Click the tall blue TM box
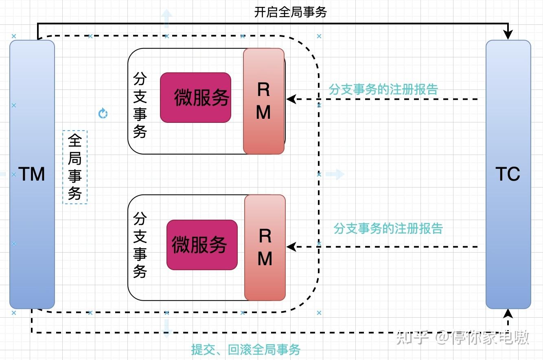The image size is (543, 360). [32, 175]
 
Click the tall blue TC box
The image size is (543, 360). [508, 175]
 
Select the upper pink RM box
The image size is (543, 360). [264, 101]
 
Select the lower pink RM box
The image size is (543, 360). [265, 248]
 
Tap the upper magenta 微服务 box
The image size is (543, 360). [196, 97]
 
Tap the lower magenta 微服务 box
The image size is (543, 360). [202, 245]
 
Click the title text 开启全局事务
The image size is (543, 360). [290, 12]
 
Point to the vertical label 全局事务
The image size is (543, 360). [74, 167]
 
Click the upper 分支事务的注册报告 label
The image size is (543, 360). [383, 89]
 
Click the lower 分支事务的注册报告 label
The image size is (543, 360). [388, 229]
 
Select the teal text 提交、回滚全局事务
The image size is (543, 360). [246, 349]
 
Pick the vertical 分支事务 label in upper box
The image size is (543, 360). [140, 105]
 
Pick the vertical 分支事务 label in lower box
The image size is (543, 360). [140, 245]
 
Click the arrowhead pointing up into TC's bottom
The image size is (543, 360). [508, 314]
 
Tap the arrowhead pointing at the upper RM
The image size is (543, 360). [291, 99]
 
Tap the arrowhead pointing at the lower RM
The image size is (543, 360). [291, 247]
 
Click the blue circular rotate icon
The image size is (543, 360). [103, 113]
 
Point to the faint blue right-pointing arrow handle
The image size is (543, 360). [335, 174]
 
